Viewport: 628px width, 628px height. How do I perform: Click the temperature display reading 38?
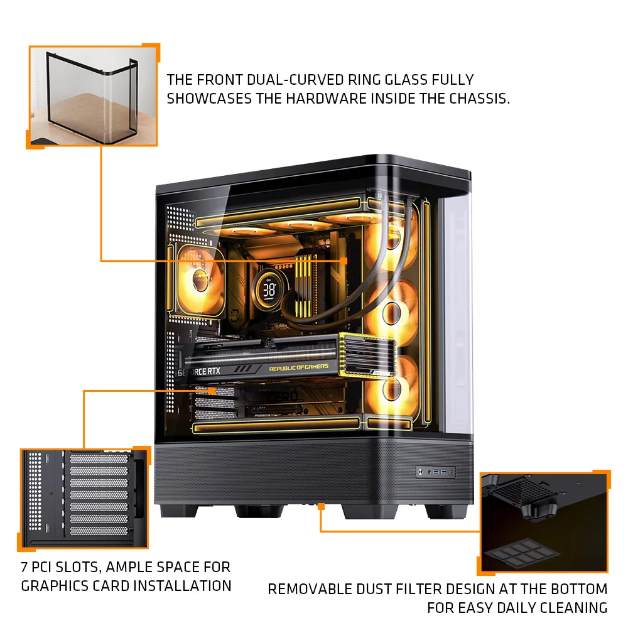pyautogui.click(x=269, y=290)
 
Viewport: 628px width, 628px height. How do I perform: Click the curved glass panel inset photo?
pyautogui.click(x=93, y=95)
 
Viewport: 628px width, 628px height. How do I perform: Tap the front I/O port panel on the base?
pyautogui.click(x=435, y=471)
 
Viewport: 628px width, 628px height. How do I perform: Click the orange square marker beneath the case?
pyautogui.click(x=321, y=504)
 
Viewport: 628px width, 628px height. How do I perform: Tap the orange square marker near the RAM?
pyautogui.click(x=344, y=259)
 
